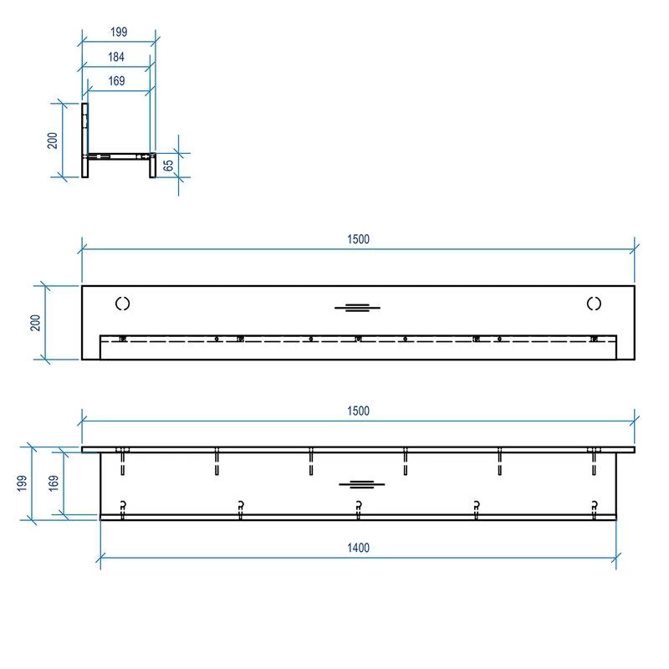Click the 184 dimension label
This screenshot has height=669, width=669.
coord(116,57)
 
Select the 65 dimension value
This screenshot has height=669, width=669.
coord(169,165)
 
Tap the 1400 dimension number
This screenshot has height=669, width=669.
coord(358,548)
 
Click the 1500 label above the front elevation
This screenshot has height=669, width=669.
coord(358,239)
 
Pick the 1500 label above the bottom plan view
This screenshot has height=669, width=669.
coord(358,411)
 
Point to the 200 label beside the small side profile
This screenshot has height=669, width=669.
coord(52,140)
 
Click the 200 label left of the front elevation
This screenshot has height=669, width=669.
coord(35,323)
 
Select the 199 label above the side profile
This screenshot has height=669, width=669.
coord(119,32)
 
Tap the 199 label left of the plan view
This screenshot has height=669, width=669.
coord(23,483)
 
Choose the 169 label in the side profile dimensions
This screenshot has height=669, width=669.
coord(116,80)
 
